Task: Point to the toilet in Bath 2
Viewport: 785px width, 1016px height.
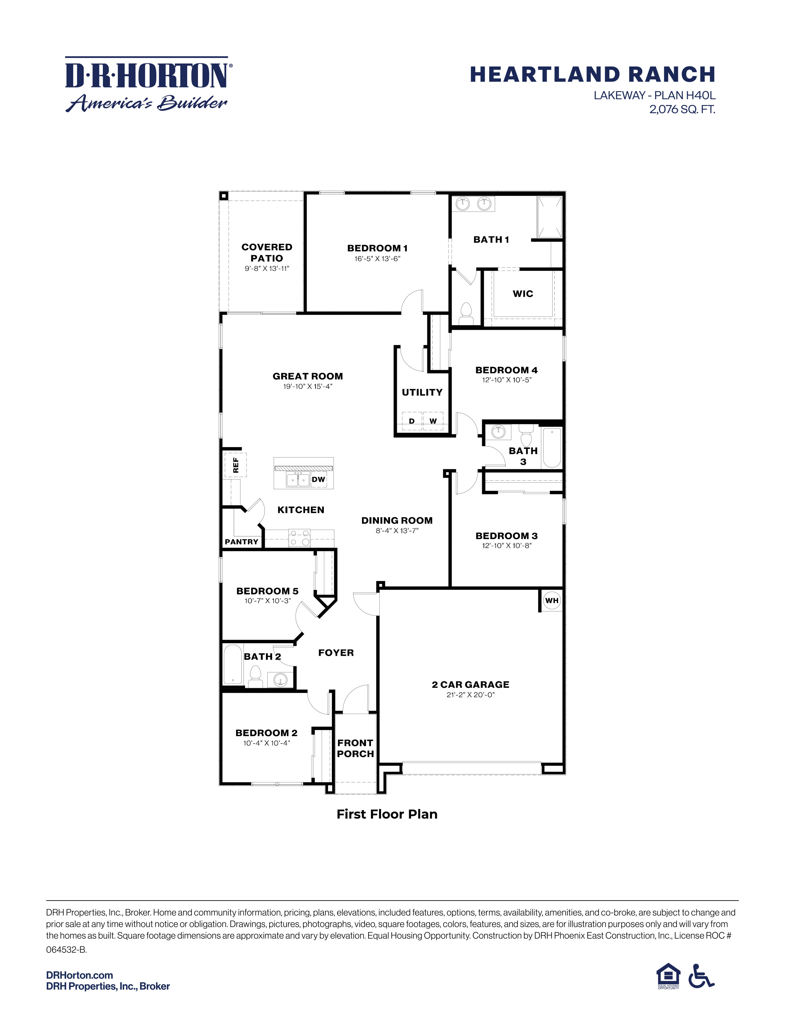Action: click(x=255, y=675)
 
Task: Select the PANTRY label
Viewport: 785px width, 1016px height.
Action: click(x=241, y=542)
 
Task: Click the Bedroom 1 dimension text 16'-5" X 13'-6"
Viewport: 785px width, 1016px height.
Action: click(x=377, y=259)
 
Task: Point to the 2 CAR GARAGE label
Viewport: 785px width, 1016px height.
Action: click(x=470, y=684)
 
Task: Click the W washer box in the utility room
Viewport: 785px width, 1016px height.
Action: click(x=433, y=421)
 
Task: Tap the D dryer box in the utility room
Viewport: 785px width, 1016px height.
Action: click(x=412, y=421)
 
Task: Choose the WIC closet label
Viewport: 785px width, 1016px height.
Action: click(x=523, y=293)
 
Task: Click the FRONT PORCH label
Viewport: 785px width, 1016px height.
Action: click(x=355, y=748)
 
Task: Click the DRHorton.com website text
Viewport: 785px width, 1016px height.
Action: click(x=79, y=975)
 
